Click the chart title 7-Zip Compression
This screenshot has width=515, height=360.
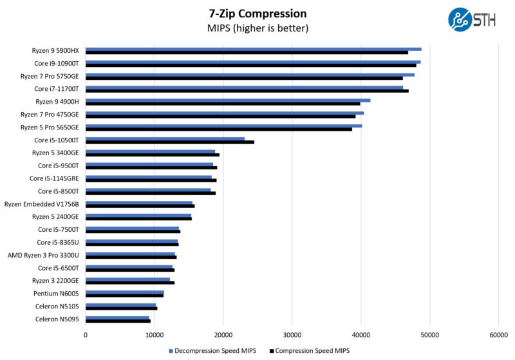[257, 14]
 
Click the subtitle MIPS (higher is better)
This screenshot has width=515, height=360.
[257, 28]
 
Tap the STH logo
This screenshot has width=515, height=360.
[471, 19]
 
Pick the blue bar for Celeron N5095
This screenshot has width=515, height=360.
[117, 317]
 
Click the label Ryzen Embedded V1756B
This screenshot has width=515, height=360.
[42, 204]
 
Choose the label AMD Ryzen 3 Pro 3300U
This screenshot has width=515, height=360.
[43, 255]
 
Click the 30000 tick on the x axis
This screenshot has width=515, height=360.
[292, 334]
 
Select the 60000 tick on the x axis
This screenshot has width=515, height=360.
[498, 334]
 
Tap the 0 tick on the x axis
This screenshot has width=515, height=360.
[86, 334]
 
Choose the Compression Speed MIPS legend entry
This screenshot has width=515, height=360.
[312, 351]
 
